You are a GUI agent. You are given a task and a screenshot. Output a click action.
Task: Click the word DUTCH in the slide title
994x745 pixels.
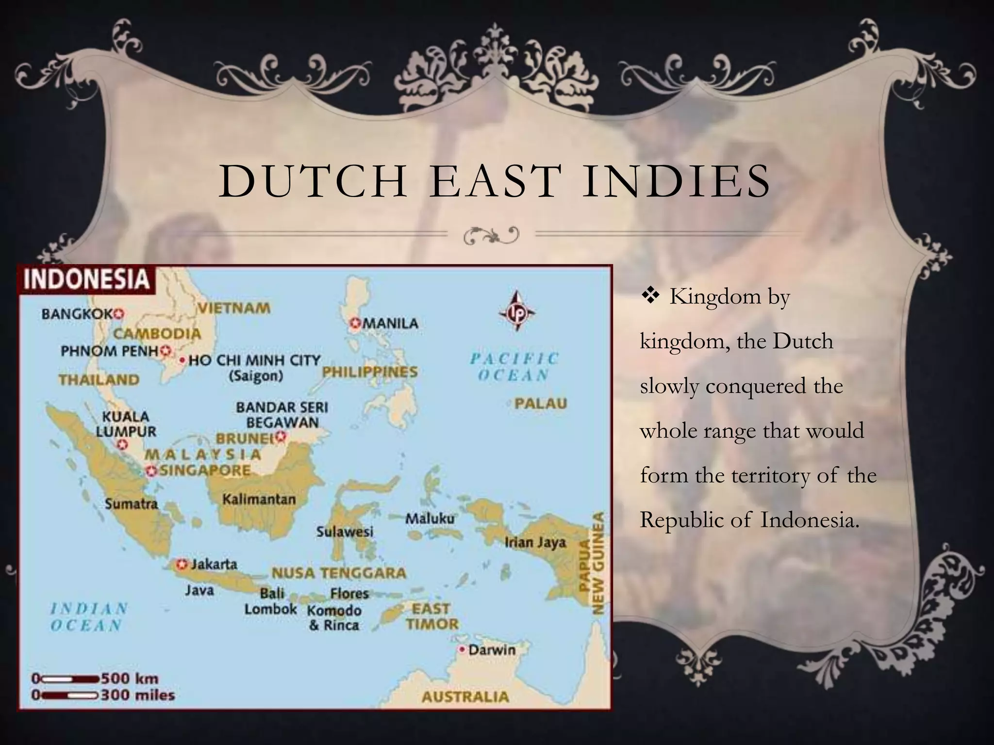click(313, 181)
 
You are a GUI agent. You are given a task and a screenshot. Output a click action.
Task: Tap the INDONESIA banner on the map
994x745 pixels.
click(86, 279)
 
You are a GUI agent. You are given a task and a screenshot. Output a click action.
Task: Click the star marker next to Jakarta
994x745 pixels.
click(182, 564)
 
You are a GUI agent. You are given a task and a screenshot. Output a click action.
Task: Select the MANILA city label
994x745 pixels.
click(390, 323)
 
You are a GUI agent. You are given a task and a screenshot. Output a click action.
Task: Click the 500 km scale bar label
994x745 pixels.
click(130, 678)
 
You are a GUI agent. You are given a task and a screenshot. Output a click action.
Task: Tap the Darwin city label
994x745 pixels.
click(492, 649)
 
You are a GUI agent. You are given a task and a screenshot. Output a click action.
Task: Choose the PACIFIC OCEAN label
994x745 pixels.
click(514, 367)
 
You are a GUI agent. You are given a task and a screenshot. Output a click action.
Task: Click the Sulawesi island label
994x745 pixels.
click(345, 532)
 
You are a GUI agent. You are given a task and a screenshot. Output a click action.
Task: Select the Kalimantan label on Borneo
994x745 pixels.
click(259, 499)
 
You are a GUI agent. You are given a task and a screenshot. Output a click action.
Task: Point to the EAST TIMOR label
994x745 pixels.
click(431, 616)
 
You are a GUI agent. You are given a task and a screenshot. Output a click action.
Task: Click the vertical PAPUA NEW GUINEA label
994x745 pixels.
click(592, 563)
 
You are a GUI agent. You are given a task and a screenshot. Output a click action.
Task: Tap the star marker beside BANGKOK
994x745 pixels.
click(119, 314)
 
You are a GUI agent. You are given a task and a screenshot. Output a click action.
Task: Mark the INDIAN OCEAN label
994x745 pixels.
click(88, 616)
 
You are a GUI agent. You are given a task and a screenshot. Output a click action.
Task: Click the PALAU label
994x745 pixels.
click(541, 404)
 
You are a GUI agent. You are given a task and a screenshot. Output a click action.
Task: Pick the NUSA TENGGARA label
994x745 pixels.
click(339, 573)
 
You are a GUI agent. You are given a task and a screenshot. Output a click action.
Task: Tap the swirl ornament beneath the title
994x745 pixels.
click(491, 235)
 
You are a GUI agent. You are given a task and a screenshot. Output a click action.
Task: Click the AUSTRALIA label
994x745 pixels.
click(465, 697)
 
